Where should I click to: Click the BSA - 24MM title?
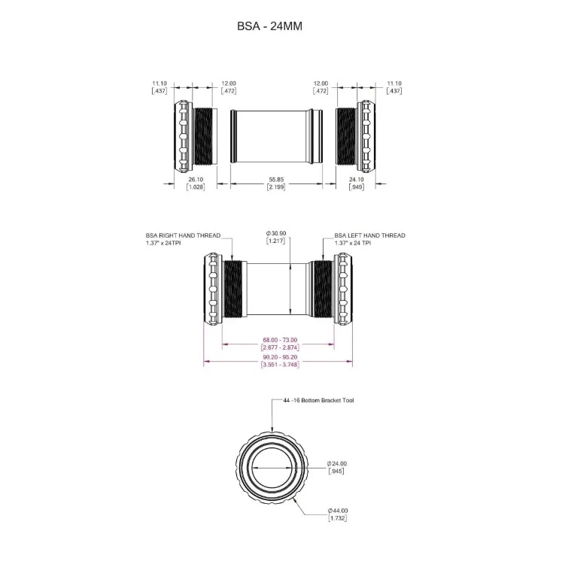269,26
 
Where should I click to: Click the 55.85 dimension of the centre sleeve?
276,180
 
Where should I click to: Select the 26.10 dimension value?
196,180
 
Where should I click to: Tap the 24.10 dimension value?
357,180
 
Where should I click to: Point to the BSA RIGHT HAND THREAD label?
183,235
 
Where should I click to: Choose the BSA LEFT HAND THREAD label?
370,235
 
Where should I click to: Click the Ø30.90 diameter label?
276,233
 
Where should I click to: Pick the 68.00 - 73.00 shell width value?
280,340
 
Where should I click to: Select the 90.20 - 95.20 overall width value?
280,357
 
